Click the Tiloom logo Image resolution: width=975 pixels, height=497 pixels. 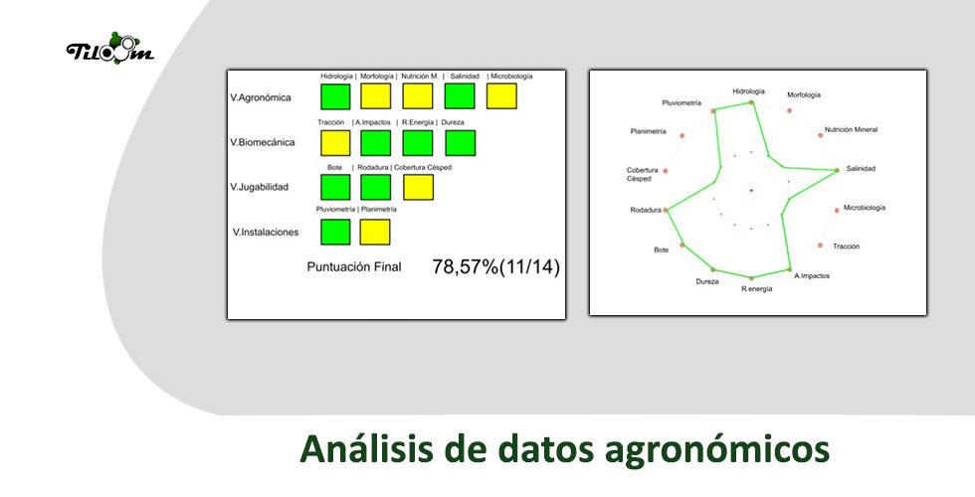pyautogui.click(x=110, y=48)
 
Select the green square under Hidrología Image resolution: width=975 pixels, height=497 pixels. pyautogui.click(x=335, y=96)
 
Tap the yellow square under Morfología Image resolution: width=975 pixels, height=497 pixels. pyautogui.click(x=376, y=96)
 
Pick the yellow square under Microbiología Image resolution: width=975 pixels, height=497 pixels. pyautogui.click(x=501, y=96)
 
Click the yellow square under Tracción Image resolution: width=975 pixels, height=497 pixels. pyautogui.click(x=335, y=143)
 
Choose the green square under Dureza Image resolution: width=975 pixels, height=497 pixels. pyautogui.click(x=461, y=143)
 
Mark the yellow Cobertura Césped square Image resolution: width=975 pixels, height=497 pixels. pyautogui.click(x=419, y=187)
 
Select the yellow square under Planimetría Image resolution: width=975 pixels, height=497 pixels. pyautogui.click(x=375, y=232)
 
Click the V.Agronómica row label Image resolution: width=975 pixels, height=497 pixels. pyautogui.click(x=261, y=97)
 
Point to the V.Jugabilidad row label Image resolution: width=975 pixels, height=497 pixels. pyautogui.click(x=260, y=187)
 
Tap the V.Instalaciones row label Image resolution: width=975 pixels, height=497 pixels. pyautogui.click(x=266, y=233)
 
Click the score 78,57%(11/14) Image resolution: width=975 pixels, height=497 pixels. pyautogui.click(x=496, y=267)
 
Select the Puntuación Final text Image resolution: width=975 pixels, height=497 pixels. pyautogui.click(x=354, y=267)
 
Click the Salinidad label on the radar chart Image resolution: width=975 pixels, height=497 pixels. pyautogui.click(x=861, y=169)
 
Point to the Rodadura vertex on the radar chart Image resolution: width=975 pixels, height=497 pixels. pyautogui.click(x=666, y=210)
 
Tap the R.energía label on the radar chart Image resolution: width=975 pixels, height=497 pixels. pyautogui.click(x=757, y=289)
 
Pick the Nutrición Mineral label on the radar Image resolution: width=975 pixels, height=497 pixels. pyautogui.click(x=852, y=130)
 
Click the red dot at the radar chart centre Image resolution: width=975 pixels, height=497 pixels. pyautogui.click(x=751, y=190)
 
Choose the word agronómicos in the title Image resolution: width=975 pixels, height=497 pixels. pyautogui.click(x=717, y=449)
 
